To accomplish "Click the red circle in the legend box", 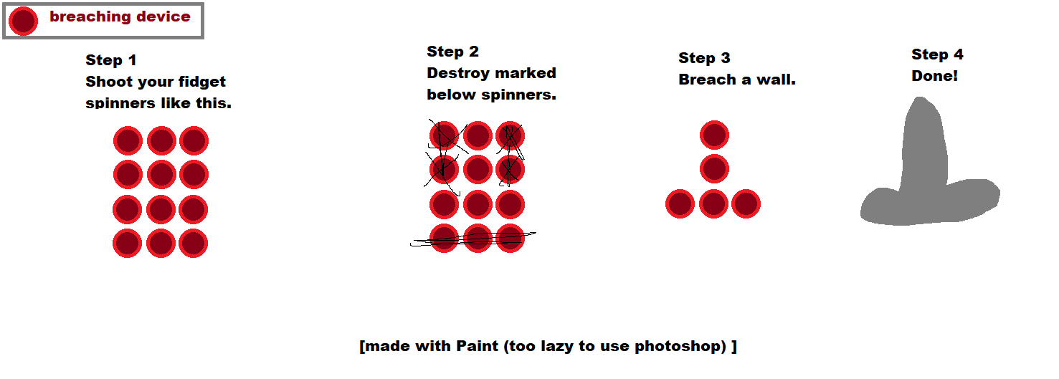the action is [23, 21].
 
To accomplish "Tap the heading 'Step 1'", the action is [111, 60].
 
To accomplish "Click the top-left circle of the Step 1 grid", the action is [128, 140].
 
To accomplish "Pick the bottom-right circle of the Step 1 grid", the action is [194, 243].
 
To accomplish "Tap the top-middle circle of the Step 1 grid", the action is [161, 140].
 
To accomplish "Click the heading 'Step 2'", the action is [453, 52].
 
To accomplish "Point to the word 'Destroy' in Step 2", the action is [458, 74].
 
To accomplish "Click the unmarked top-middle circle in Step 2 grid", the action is [478, 135].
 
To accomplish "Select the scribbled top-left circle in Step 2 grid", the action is [444, 135].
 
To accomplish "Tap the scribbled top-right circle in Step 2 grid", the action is [510, 135].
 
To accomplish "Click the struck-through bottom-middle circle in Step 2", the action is [478, 238].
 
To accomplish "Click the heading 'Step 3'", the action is [704, 58].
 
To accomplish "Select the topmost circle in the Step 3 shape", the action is [714, 135].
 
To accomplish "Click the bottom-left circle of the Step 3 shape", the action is [680, 203].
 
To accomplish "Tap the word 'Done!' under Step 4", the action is [935, 76].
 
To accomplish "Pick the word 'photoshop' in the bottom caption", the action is [680, 346].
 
